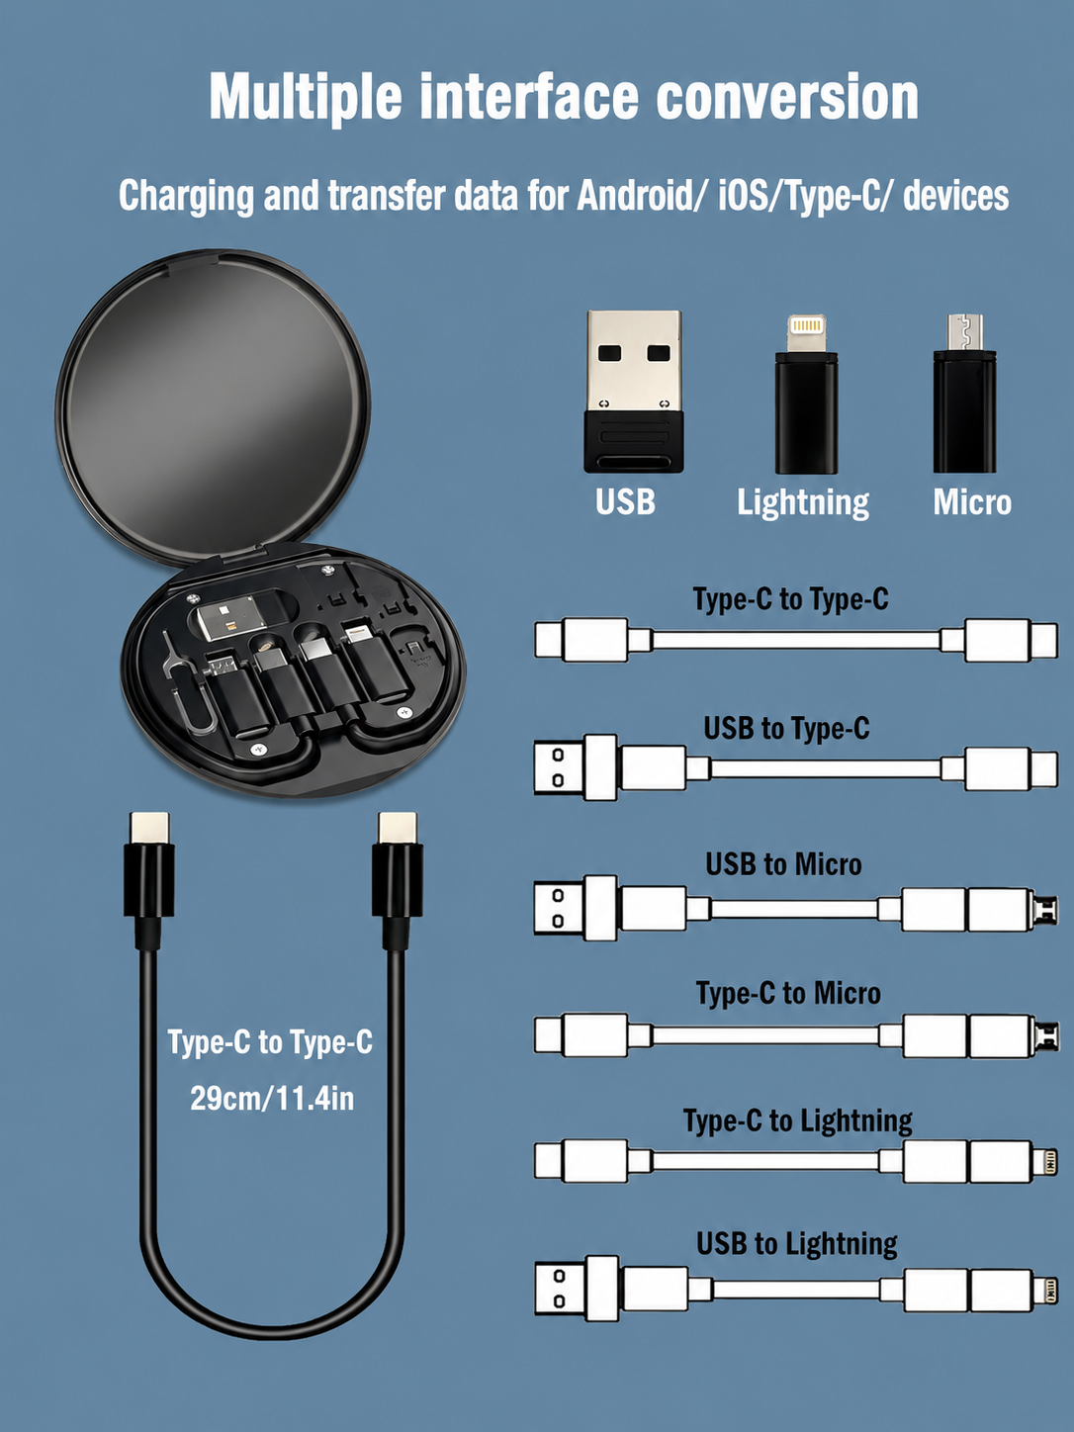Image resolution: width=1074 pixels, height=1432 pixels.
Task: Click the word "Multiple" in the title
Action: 306,98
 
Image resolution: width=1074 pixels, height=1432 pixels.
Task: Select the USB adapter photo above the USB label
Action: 633,392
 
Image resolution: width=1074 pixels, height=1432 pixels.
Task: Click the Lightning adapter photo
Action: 806,394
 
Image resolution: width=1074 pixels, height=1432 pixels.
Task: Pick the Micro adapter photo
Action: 964,394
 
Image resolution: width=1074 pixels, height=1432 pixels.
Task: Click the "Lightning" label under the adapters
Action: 803,503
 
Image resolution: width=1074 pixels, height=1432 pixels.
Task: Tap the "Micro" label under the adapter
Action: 971,502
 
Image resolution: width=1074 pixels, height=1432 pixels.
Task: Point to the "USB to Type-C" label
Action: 786,728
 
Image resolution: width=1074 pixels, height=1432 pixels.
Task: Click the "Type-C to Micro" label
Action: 788,993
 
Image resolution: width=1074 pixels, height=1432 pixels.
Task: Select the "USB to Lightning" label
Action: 796,1243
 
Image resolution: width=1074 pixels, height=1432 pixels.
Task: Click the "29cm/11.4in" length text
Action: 272,1098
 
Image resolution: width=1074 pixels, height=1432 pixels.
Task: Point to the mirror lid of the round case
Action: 214,405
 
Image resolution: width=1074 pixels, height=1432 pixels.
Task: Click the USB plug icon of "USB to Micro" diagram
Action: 576,908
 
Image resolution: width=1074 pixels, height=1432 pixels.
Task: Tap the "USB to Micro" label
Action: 783,864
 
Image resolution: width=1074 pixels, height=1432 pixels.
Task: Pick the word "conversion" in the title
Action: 787,98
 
